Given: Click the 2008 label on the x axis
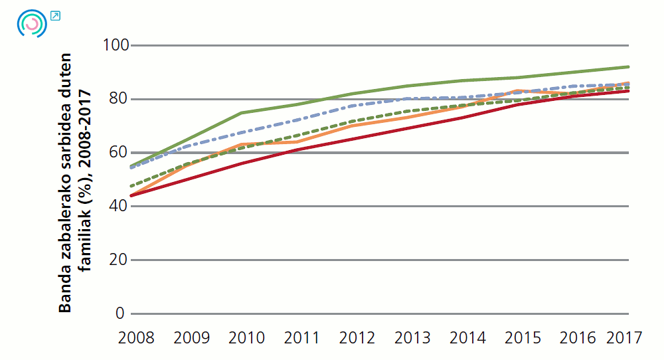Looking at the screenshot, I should (136, 337).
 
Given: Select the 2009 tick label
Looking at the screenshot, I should (191, 337).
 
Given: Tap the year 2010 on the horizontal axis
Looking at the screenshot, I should (246, 337).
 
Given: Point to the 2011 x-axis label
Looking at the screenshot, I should (302, 337).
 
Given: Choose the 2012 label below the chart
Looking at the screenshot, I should (357, 337).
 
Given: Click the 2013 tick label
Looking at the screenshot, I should (412, 337).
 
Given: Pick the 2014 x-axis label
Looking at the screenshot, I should (467, 337).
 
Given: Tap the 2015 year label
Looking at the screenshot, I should (523, 337).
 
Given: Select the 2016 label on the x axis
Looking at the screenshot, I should (578, 337).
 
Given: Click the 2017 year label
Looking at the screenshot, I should (624, 337).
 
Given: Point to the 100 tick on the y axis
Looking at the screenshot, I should (114, 45).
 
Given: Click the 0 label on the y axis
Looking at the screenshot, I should (120, 313).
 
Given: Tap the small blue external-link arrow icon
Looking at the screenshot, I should (55, 15).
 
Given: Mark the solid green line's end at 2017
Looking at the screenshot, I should (628, 66).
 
